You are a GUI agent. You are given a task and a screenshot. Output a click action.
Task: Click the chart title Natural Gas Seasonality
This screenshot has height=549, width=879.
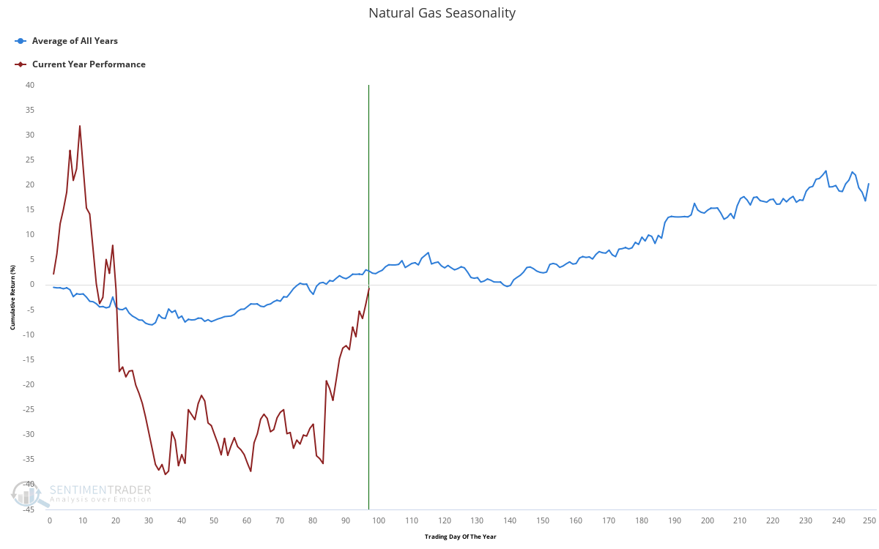click(442, 13)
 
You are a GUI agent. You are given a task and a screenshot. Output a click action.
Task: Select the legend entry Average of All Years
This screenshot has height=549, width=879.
click(75, 41)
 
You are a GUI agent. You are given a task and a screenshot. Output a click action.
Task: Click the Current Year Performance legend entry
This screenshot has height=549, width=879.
click(89, 64)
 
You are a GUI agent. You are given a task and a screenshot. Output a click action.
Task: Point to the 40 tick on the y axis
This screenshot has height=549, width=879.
click(29, 85)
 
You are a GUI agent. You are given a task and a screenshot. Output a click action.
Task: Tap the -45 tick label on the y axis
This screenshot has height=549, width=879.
click(28, 509)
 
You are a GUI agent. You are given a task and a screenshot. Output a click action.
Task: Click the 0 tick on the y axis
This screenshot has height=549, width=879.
click(31, 285)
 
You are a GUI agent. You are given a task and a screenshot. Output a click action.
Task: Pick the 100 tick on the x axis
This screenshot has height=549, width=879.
click(379, 520)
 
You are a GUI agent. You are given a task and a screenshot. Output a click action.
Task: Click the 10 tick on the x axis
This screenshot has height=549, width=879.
click(83, 520)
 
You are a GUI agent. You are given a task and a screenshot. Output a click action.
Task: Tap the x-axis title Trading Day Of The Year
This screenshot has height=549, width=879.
click(460, 537)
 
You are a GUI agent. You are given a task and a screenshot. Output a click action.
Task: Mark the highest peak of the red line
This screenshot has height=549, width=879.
click(80, 126)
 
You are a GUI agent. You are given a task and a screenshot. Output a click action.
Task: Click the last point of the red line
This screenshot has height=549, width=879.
click(368, 288)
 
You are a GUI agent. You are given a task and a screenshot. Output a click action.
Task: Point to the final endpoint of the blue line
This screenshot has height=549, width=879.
click(869, 184)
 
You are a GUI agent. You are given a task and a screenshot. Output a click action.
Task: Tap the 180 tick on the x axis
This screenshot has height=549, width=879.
click(642, 520)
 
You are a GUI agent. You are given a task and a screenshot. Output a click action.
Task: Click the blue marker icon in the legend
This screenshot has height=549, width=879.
click(21, 41)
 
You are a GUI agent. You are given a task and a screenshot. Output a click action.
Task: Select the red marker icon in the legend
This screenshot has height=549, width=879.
click(21, 64)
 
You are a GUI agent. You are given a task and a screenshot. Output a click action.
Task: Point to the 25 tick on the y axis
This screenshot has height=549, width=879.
click(29, 160)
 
